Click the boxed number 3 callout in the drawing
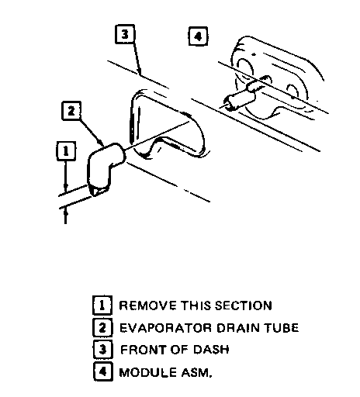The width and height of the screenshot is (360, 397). [x=125, y=34]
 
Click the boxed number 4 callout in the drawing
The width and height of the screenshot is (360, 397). [x=198, y=36]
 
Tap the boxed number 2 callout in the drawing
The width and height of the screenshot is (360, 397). [x=71, y=111]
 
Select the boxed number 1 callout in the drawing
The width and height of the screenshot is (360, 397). [x=66, y=151]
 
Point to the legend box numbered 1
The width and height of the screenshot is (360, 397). [x=102, y=306]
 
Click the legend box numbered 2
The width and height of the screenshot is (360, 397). [x=102, y=327]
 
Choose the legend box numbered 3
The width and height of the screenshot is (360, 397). [x=102, y=350]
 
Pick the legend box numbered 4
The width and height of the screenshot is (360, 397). [x=103, y=371]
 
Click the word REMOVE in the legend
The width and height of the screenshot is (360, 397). [x=148, y=306]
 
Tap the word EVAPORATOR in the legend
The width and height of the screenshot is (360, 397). [x=165, y=328]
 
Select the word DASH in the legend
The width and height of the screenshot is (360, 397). [x=211, y=350]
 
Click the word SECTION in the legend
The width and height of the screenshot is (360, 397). [x=244, y=306]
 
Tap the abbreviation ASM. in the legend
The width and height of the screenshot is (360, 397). [x=196, y=372]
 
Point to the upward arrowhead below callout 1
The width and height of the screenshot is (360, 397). [x=66, y=213]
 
